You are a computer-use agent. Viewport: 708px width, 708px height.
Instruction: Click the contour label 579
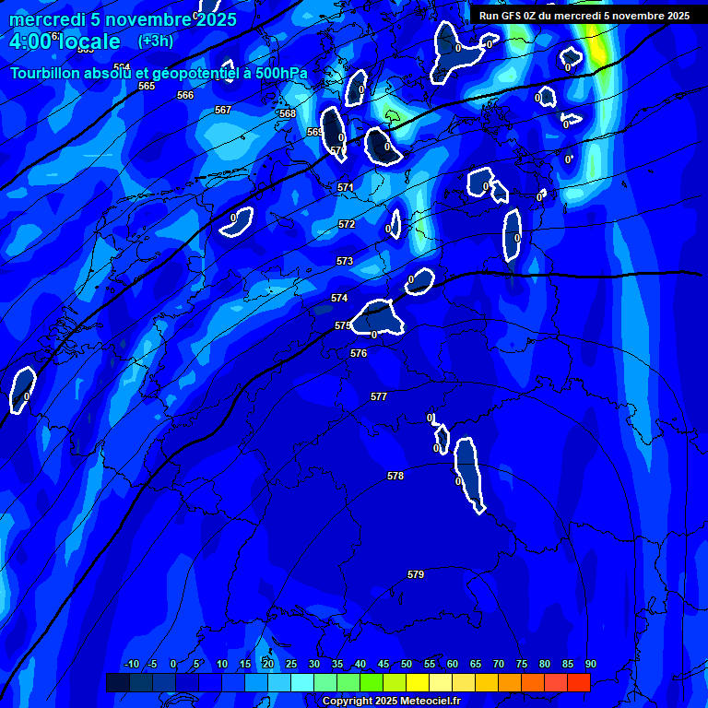pyautogui.click(x=416, y=574)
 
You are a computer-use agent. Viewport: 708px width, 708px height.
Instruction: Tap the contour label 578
pyautogui.click(x=395, y=476)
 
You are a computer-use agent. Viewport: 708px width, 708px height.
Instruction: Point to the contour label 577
pyautogui.click(x=379, y=396)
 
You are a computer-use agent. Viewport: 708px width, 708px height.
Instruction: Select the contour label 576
pyautogui.click(x=359, y=353)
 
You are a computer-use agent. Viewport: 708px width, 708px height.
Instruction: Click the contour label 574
pyautogui.click(x=339, y=298)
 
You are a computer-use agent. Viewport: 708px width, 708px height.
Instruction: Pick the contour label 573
pyautogui.click(x=345, y=261)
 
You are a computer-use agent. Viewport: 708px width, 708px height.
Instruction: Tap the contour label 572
pyautogui.click(x=347, y=224)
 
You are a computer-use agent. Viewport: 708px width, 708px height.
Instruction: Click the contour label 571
pyautogui.click(x=346, y=187)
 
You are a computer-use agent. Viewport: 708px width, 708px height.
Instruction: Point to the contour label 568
pyautogui.click(x=288, y=113)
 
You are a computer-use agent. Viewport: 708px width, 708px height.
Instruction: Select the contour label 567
pyautogui.click(x=223, y=110)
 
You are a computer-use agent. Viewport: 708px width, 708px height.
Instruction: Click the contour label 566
pyautogui.click(x=185, y=95)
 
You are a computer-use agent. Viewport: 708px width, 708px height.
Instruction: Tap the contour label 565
pyautogui.click(x=147, y=86)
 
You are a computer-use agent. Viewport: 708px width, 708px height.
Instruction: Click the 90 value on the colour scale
pyautogui.click(x=590, y=664)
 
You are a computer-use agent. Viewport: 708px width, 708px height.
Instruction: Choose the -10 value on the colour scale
pyautogui.click(x=131, y=664)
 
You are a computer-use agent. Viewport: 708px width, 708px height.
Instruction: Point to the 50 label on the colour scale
pyautogui.click(x=407, y=664)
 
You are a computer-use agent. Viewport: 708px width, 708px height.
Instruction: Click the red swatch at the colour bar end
pyautogui.click(x=578, y=682)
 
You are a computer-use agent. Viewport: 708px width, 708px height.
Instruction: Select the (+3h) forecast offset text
pyautogui.click(x=155, y=41)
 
